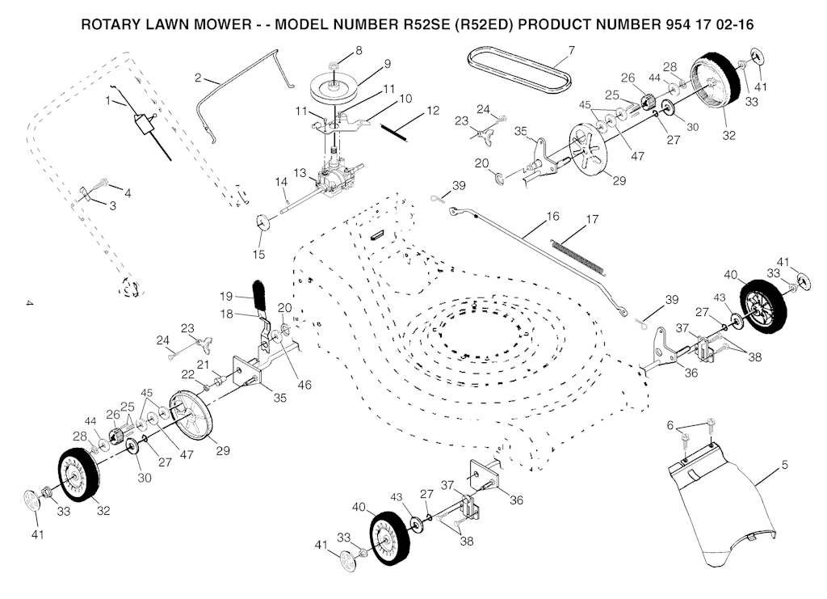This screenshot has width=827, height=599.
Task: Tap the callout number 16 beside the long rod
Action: click(x=552, y=217)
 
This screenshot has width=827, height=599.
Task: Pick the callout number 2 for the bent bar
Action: click(x=198, y=78)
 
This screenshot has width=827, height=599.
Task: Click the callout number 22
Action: click(x=188, y=374)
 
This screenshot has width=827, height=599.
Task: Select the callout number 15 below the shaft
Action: click(x=258, y=255)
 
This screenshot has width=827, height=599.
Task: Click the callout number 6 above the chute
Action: click(x=670, y=425)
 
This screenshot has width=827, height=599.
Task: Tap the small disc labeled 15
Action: click(x=262, y=221)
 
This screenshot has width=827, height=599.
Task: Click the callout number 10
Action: click(x=405, y=99)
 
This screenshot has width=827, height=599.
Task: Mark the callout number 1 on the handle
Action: click(x=108, y=101)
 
